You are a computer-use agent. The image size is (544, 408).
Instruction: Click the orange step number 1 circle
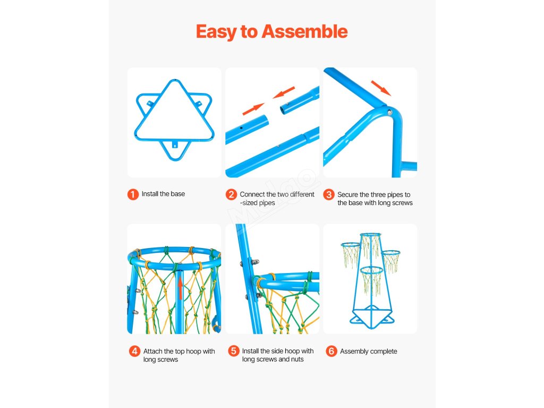(x=133, y=194)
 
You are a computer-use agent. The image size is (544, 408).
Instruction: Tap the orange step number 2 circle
(x=231, y=194)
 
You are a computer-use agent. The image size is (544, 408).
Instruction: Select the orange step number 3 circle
(x=328, y=194)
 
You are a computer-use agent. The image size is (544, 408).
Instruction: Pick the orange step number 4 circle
(x=134, y=351)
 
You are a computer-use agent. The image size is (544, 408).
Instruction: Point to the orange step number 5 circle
(x=234, y=351)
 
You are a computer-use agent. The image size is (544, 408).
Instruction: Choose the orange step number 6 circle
(x=331, y=351)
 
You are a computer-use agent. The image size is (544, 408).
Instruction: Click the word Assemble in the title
(x=304, y=31)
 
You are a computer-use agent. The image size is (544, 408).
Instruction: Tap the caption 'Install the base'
(x=163, y=194)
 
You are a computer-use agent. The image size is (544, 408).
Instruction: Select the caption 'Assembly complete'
(x=369, y=352)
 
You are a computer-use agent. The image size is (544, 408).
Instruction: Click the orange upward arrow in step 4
(x=180, y=288)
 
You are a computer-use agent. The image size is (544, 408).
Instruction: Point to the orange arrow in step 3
(x=381, y=88)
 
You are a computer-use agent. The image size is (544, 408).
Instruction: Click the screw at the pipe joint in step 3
(x=389, y=113)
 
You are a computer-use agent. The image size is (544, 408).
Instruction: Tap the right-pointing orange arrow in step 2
(x=253, y=109)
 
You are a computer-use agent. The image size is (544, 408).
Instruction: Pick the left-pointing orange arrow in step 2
(x=284, y=92)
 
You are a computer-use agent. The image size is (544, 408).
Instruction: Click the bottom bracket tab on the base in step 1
(x=175, y=144)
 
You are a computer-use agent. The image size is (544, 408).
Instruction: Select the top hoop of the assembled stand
(x=370, y=235)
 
